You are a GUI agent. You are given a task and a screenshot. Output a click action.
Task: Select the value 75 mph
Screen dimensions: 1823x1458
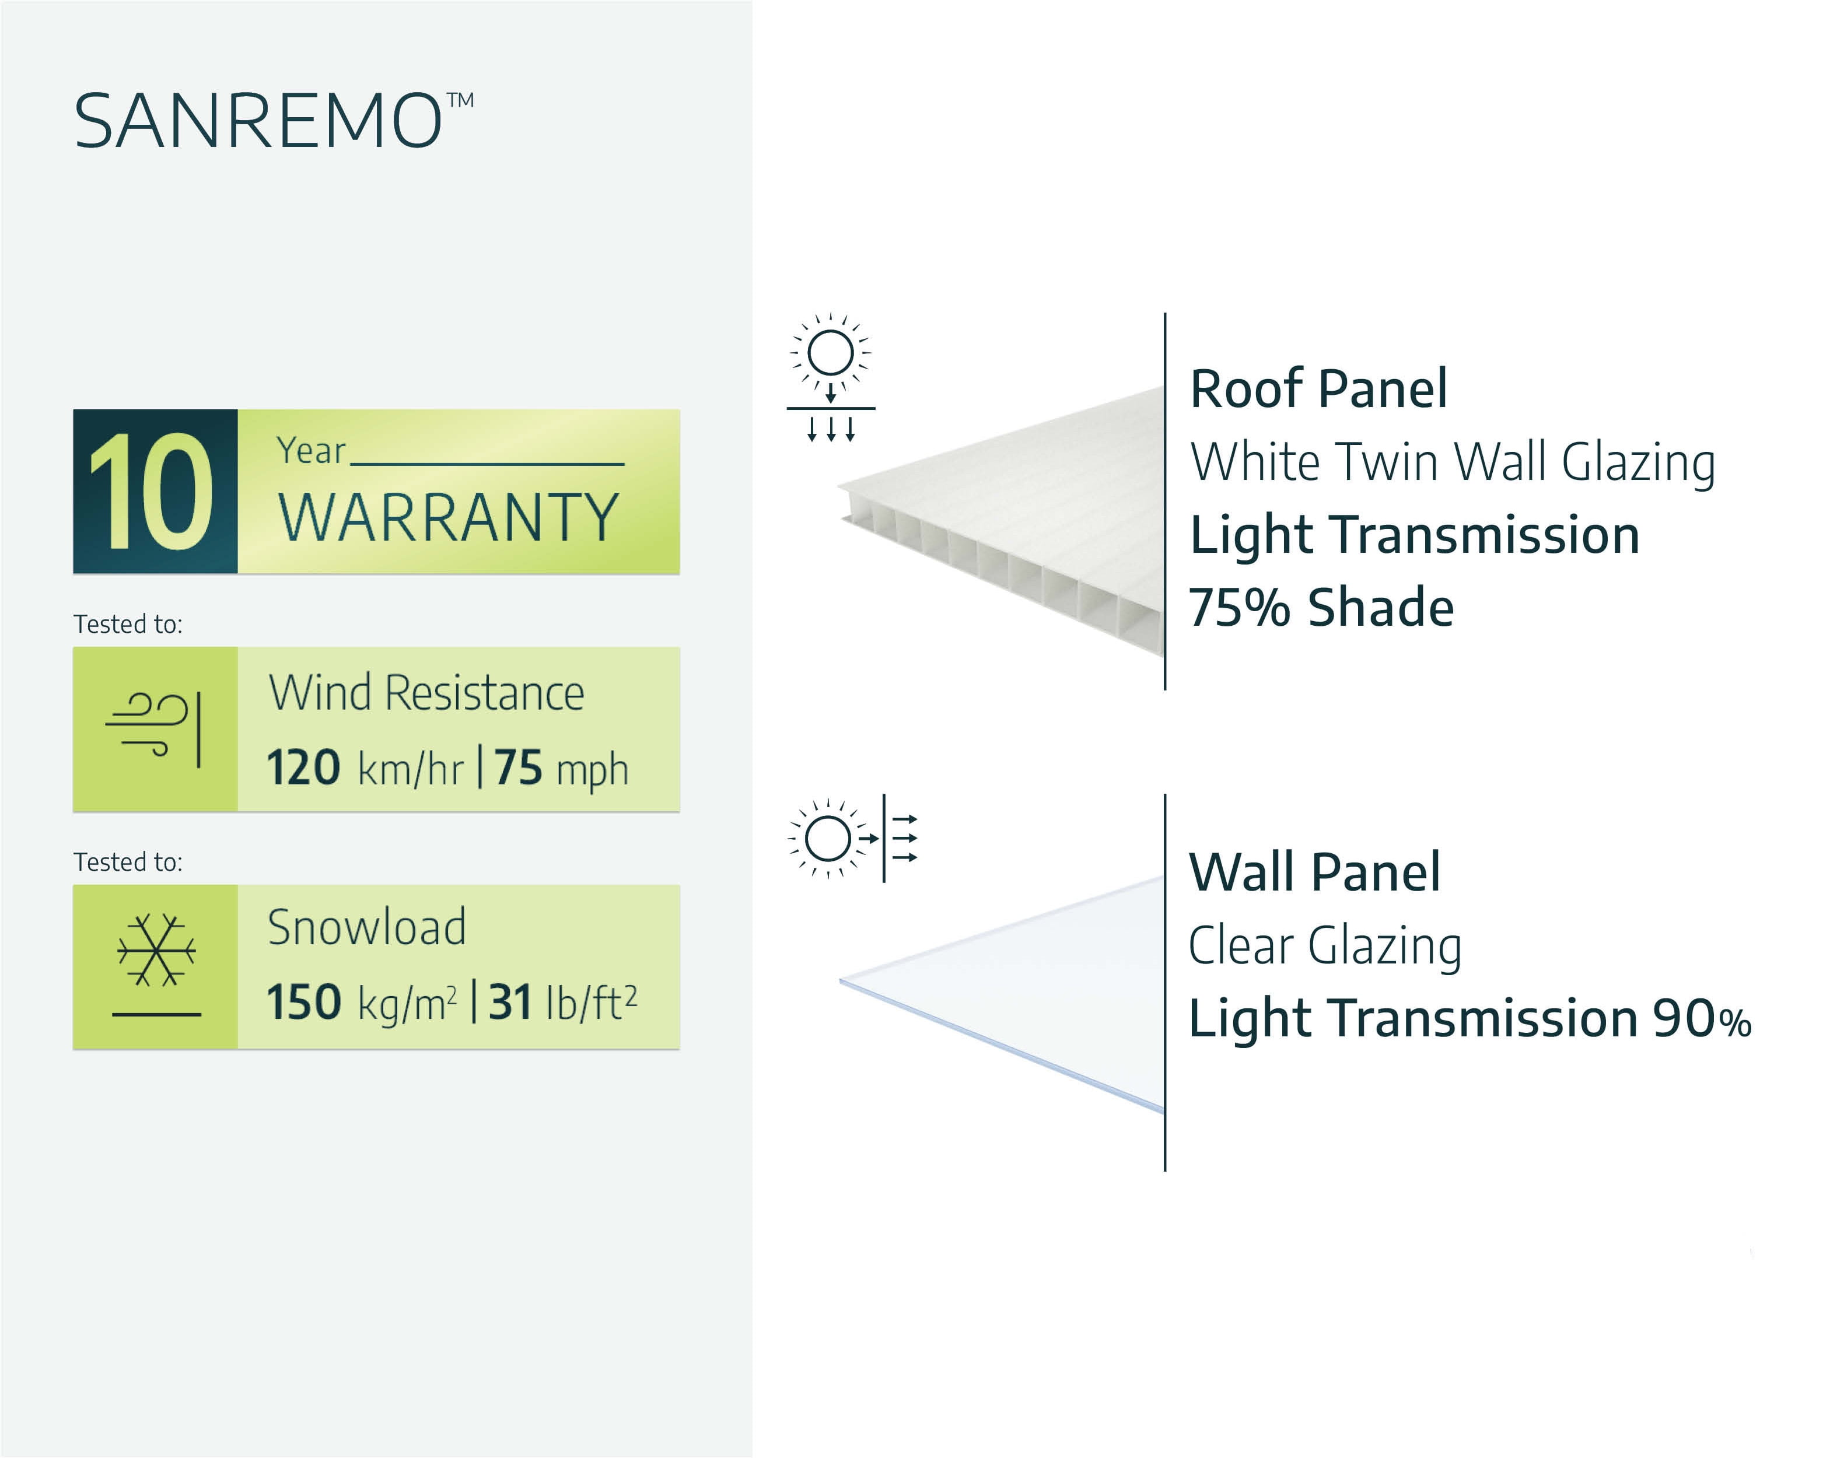click(561, 768)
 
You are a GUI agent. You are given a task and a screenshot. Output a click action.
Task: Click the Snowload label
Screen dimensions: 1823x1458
click(366, 927)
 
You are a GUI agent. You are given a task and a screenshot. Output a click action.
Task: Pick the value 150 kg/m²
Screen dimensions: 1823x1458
click(362, 1003)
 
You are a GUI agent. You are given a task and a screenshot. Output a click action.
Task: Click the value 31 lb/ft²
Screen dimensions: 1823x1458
click(563, 1003)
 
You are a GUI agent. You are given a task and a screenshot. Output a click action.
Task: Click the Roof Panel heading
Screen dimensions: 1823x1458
click(1318, 389)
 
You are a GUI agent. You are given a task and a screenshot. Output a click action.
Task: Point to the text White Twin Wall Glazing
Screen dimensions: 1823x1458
click(1453, 463)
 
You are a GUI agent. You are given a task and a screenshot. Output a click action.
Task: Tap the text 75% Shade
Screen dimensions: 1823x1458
click(1321, 607)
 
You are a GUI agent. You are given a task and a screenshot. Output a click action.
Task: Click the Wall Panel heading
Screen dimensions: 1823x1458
click(1314, 872)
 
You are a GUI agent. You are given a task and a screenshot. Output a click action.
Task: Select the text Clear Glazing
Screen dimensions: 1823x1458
click(1325, 947)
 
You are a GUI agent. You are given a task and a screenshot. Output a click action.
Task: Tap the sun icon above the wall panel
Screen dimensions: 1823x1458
click(828, 839)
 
